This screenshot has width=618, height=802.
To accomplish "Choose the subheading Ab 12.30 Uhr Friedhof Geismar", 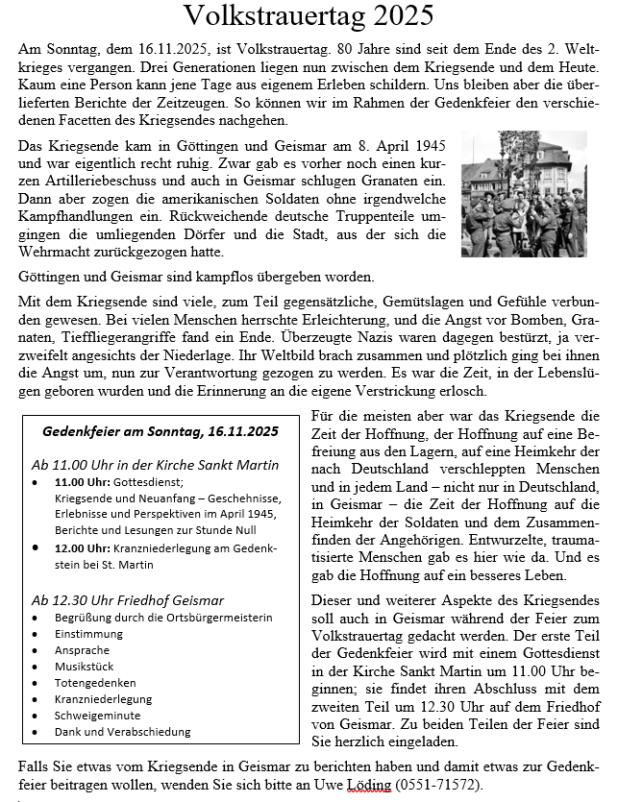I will (x=128, y=599).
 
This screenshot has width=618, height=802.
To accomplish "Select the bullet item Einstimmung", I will (x=89, y=634).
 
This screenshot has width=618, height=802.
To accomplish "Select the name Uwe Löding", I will (x=350, y=785).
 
